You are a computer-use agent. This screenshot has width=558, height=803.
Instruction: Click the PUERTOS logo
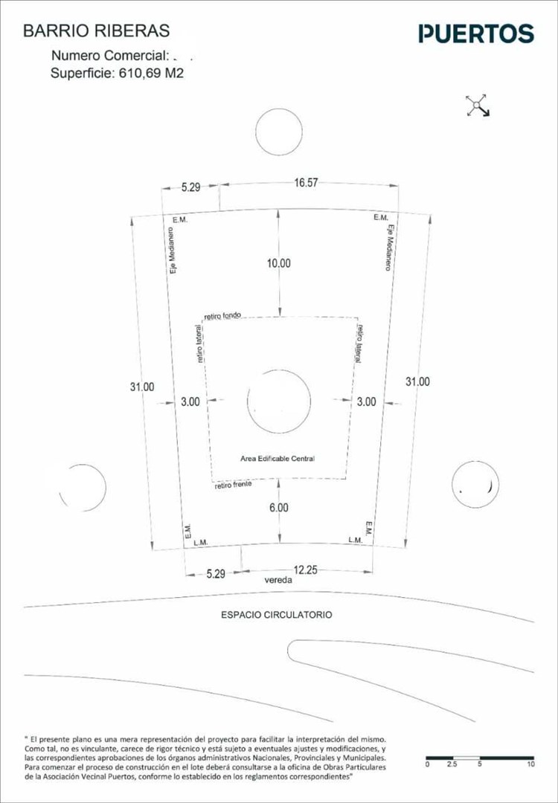(x=476, y=33)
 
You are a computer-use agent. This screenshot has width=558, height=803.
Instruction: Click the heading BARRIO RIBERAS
(x=97, y=31)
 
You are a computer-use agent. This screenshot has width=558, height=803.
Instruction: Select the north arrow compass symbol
(x=477, y=106)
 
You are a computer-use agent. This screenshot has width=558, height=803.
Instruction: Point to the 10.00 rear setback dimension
(x=280, y=263)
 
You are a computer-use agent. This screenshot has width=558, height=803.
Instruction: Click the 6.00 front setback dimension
(x=278, y=508)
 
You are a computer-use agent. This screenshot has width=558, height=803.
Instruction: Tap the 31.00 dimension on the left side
(x=141, y=387)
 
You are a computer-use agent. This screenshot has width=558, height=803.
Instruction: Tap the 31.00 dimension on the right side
(x=417, y=381)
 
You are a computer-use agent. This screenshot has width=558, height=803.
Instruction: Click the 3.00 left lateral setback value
(x=190, y=401)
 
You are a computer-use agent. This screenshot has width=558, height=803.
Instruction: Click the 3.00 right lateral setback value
(x=366, y=401)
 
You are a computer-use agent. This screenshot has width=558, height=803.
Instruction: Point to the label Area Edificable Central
(x=277, y=459)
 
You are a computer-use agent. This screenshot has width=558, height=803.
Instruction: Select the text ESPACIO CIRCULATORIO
(x=276, y=615)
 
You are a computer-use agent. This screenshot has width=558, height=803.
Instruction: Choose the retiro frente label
(x=233, y=485)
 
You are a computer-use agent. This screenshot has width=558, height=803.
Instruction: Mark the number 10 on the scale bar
(x=530, y=764)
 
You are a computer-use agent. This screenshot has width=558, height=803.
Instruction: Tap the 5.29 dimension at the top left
(x=190, y=187)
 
